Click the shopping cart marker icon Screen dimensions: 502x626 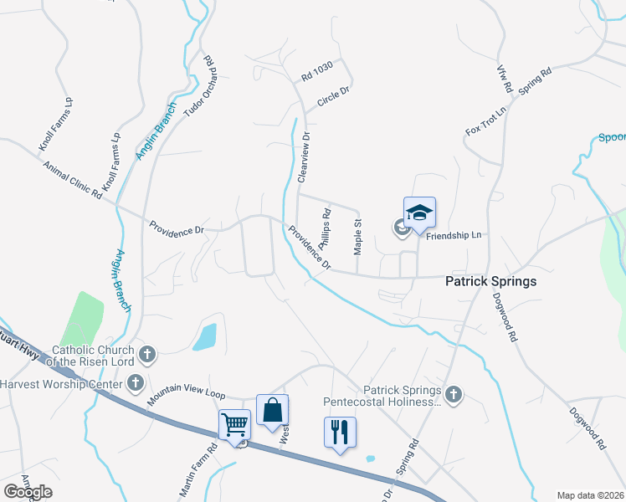pyautogui.click(x=234, y=423)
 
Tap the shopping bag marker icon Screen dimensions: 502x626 pyautogui.click(x=272, y=410)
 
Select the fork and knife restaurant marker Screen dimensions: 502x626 pyautogui.click(x=339, y=433)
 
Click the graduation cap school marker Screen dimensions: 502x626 pyautogui.click(x=419, y=213)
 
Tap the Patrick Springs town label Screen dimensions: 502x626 pyautogui.click(x=490, y=282)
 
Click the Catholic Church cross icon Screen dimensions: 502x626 pyautogui.click(x=147, y=353)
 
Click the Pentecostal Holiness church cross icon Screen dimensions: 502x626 pyautogui.click(x=454, y=393)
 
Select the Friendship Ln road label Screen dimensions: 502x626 pyautogui.click(x=454, y=236)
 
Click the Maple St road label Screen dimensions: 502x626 pyautogui.click(x=358, y=238)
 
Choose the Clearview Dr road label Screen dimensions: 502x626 pyautogui.click(x=304, y=157)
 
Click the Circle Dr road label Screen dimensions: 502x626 pyautogui.click(x=332, y=101)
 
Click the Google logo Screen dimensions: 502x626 pyautogui.click(x=28, y=492)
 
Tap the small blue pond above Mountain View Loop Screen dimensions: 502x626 pyautogui.click(x=204, y=336)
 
